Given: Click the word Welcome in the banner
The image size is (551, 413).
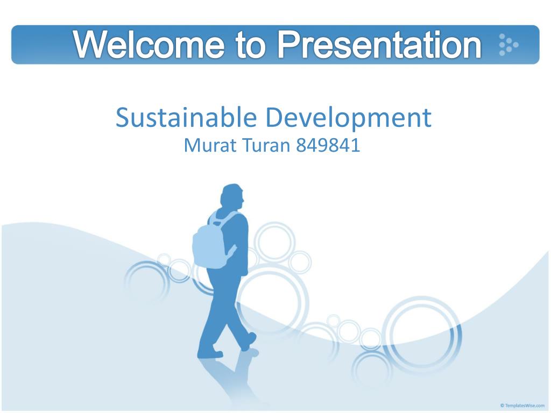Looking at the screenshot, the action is click(149, 45).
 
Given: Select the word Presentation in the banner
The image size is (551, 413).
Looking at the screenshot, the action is click(379, 45).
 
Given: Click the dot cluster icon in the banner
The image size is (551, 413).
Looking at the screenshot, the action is click(508, 45).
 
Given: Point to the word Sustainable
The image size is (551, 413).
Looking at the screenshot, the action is click(186, 117).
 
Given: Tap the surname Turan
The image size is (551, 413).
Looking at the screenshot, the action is click(266, 145).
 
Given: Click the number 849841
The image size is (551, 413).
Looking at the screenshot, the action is click(328, 145).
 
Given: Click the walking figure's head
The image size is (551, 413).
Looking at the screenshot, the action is click(232, 197).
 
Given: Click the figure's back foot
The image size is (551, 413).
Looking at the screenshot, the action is click(210, 353).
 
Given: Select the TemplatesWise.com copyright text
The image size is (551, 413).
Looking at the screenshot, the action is click(522, 405).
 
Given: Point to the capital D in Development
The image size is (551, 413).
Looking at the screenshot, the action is click(274, 118).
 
